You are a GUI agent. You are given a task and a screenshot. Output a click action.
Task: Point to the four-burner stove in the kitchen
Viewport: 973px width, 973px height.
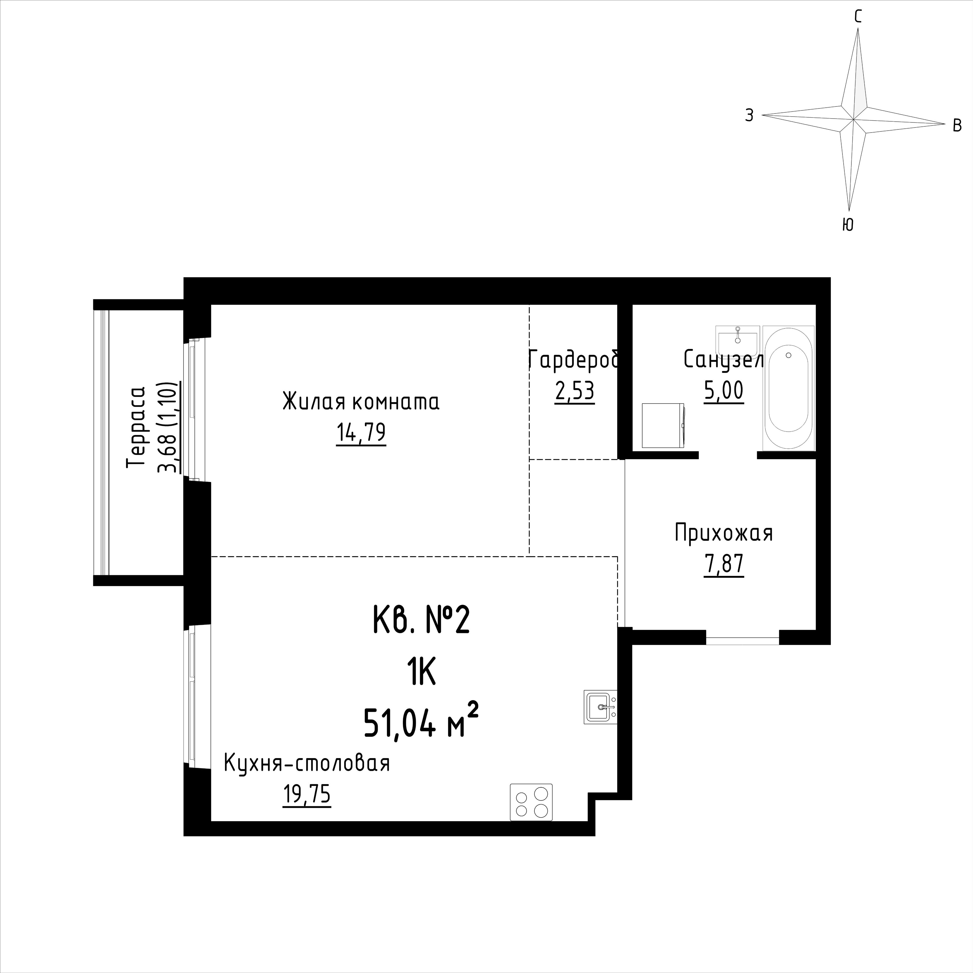point(531,802)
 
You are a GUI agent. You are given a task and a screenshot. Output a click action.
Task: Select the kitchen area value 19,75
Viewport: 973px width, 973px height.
point(307,795)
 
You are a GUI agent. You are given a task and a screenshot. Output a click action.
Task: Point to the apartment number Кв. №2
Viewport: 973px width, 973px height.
point(421,621)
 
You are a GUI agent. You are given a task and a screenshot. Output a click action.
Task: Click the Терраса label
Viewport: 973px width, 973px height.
point(136,427)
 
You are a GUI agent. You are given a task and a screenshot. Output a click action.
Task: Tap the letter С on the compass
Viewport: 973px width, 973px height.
point(858,17)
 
